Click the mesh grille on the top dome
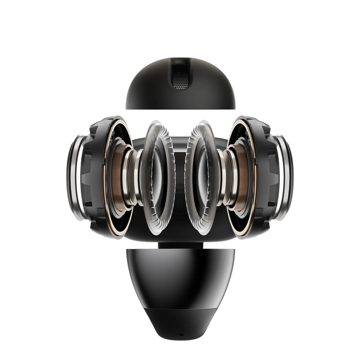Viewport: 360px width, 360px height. tap(180, 76)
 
